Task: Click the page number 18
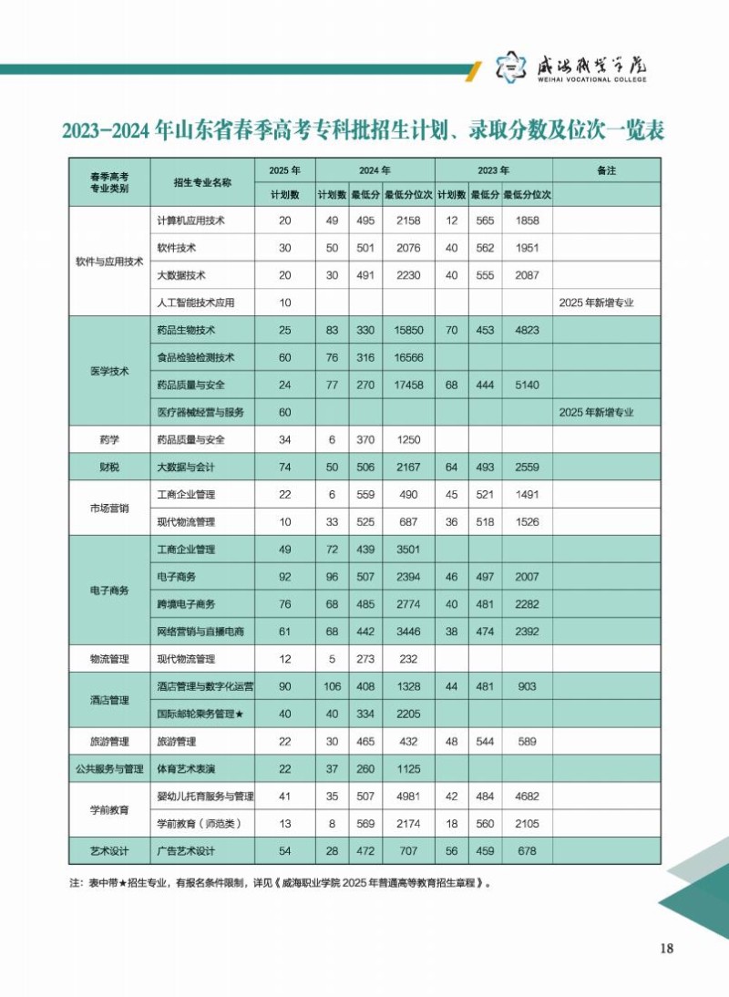pos(666,949)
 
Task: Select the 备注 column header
pos(606,170)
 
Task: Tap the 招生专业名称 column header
pos(202,182)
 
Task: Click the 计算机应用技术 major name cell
pos(191,221)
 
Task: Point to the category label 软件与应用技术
pos(109,261)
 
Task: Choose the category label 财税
pos(109,468)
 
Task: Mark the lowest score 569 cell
pos(364,824)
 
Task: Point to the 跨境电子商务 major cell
pos(187,604)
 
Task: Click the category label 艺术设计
pos(109,851)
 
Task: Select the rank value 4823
pos(528,330)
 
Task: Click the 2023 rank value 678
pos(528,851)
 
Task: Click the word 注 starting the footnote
pos(75,883)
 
